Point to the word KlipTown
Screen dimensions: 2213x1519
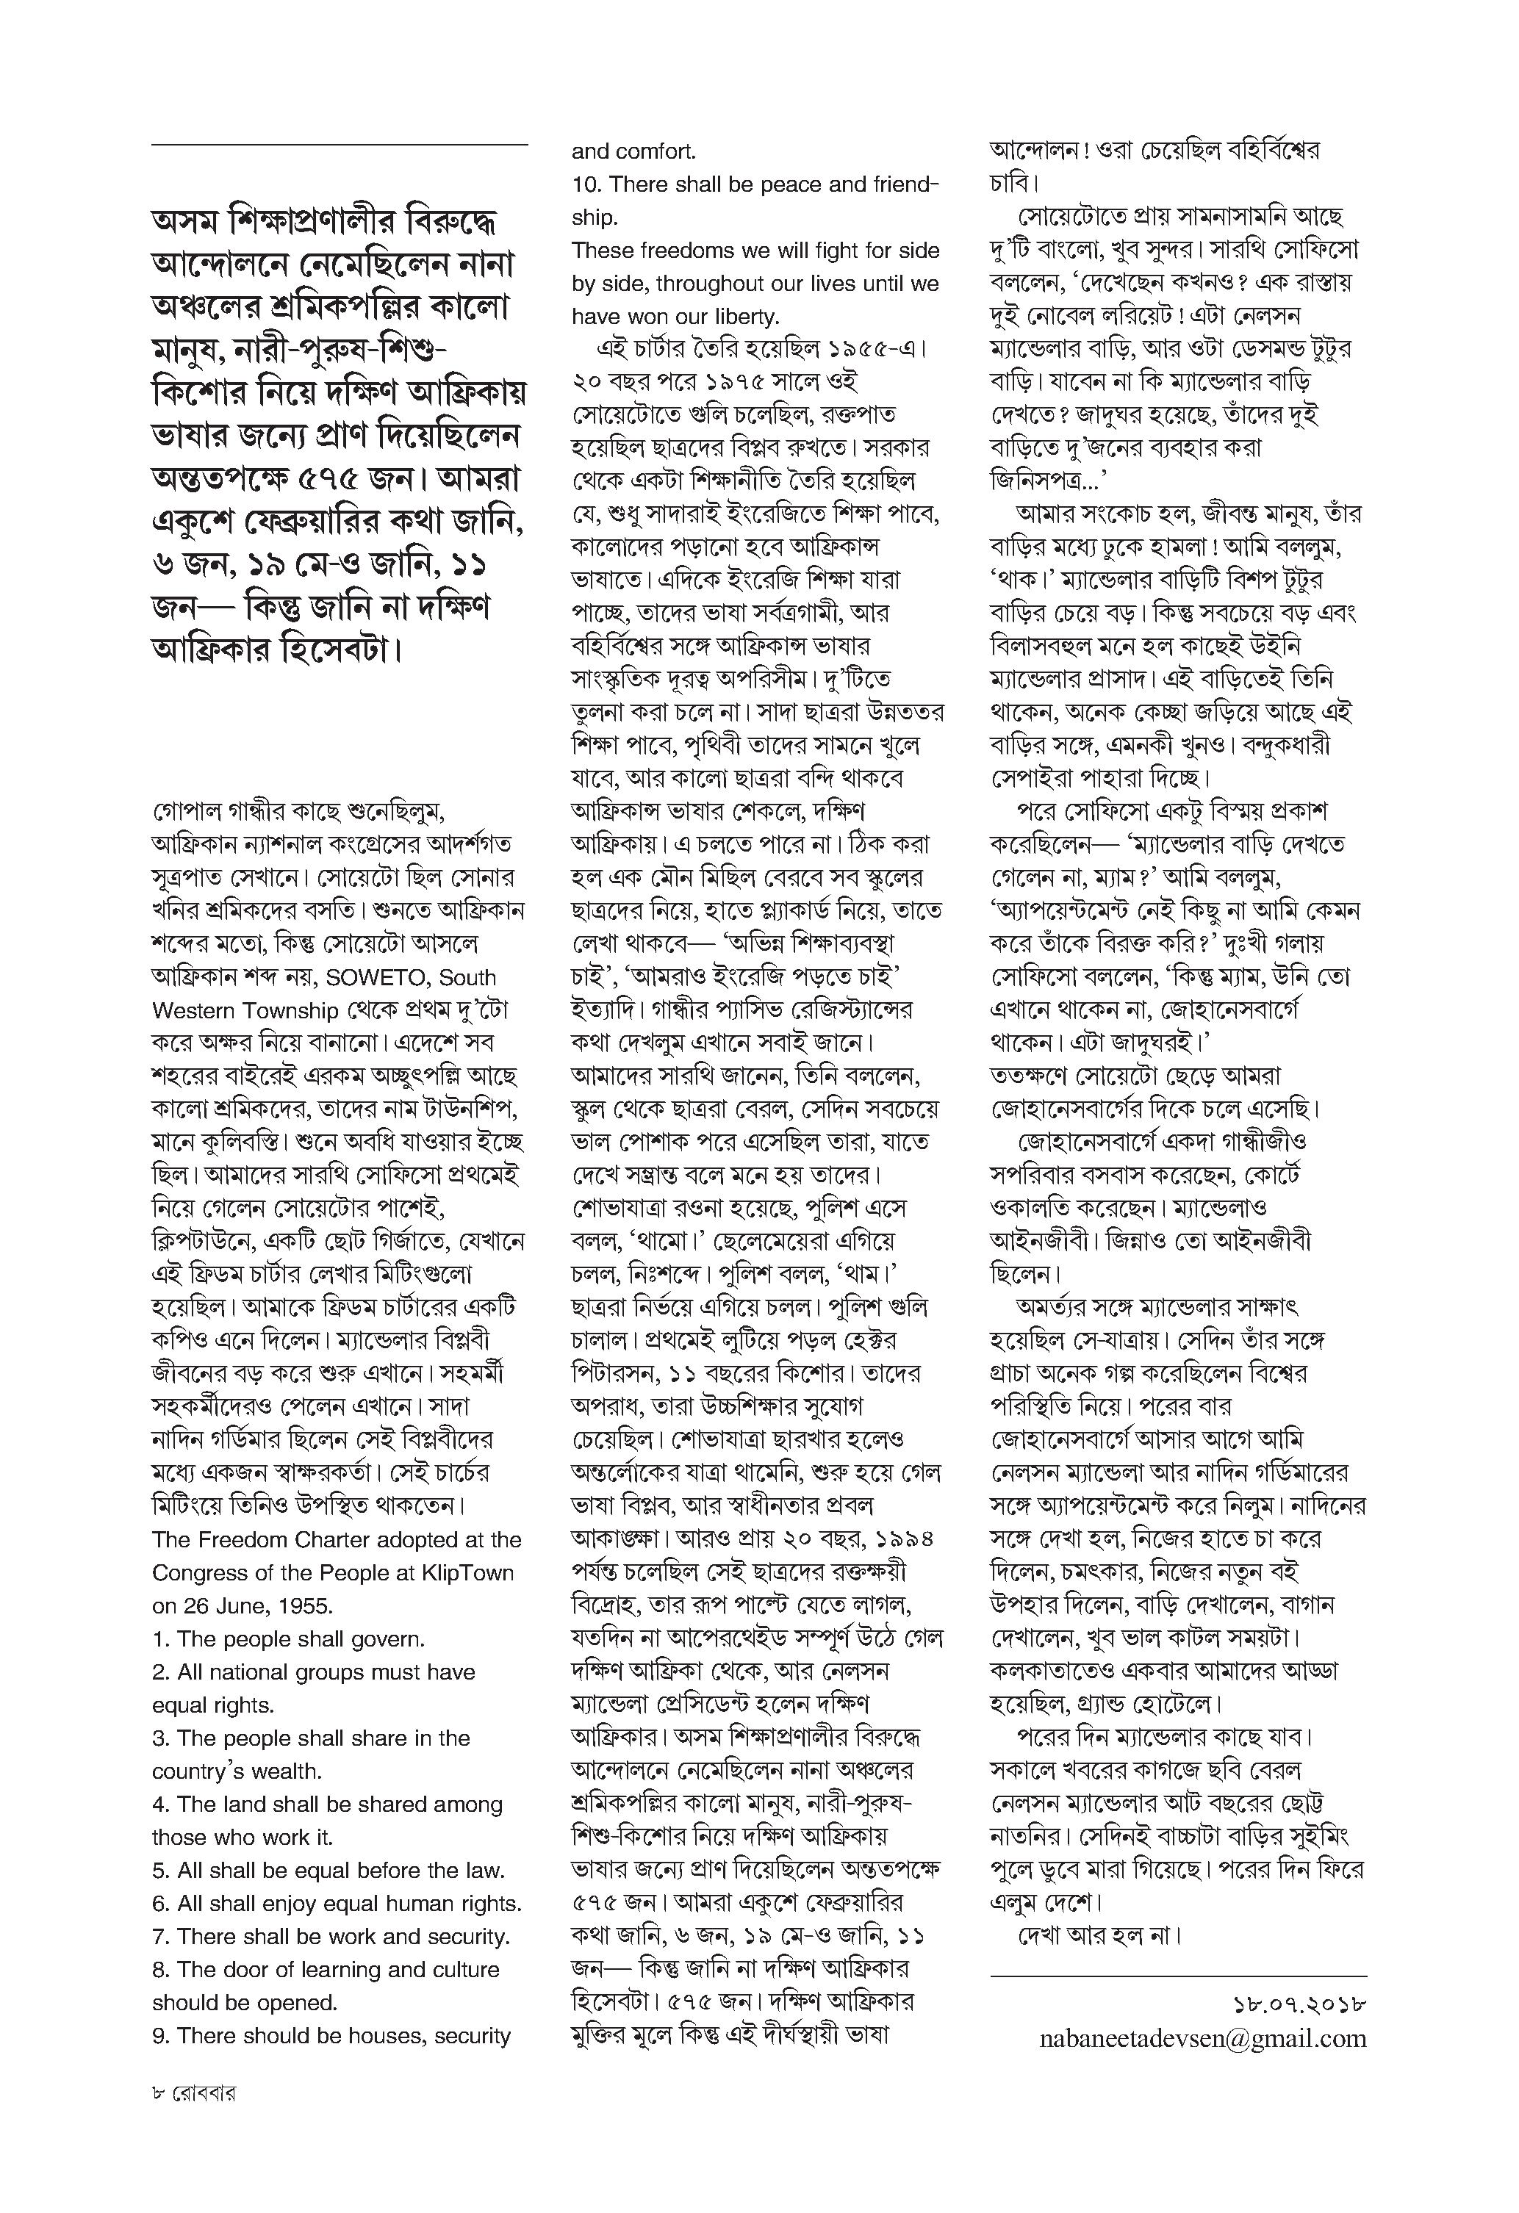[470, 1572]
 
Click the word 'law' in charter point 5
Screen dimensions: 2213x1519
[483, 1870]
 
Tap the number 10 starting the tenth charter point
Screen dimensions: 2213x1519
[586, 184]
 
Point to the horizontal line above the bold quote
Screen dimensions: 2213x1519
[339, 145]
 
